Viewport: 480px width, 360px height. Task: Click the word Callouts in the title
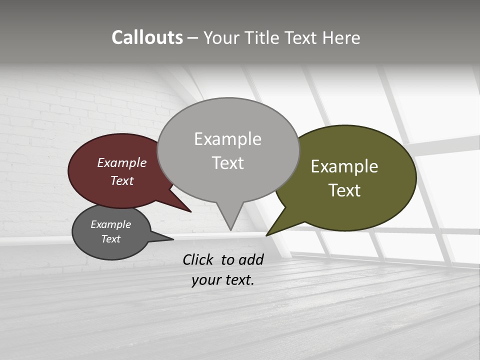(x=147, y=37)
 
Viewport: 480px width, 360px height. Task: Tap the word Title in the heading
(x=264, y=38)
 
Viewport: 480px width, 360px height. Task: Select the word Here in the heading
(x=341, y=38)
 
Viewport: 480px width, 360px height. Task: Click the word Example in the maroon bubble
(x=121, y=162)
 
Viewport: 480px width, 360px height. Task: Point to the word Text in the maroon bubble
(x=121, y=180)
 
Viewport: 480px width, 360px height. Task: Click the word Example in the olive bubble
(x=344, y=166)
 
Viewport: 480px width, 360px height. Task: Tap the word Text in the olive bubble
(x=345, y=190)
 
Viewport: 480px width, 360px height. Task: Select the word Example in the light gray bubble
(x=227, y=139)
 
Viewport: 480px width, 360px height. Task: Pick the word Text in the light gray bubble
(x=228, y=163)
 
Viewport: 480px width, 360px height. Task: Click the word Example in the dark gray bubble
(x=110, y=224)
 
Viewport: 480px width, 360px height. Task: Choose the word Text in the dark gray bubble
(x=110, y=239)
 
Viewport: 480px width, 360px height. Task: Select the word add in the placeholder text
(x=251, y=259)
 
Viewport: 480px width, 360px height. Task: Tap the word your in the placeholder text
(x=204, y=280)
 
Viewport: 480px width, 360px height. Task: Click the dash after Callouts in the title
(x=193, y=38)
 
